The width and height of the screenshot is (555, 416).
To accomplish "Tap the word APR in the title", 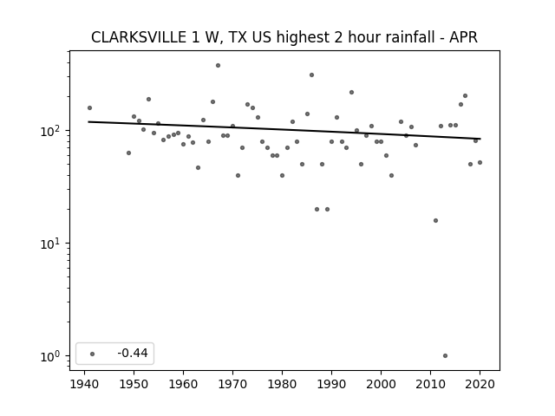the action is click(x=463, y=37).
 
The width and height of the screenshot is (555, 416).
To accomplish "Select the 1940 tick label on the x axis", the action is click(x=84, y=384).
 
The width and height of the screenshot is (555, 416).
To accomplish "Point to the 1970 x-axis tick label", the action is click(x=232, y=384).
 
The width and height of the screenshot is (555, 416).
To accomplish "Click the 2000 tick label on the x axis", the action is click(x=381, y=384).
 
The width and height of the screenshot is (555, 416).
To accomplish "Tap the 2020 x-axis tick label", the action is click(x=480, y=384).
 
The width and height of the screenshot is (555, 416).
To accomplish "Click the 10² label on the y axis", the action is click(x=52, y=131).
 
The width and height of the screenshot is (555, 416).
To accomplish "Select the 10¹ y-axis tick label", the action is click(x=52, y=244).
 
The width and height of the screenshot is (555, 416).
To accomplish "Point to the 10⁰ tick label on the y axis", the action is click(x=52, y=356).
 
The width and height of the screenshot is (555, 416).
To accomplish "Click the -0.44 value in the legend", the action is click(x=133, y=353).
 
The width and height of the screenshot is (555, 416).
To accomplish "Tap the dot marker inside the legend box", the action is click(x=93, y=354).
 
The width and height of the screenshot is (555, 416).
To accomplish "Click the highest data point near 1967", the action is click(x=218, y=66).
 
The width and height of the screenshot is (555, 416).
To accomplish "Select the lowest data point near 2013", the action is click(x=445, y=356).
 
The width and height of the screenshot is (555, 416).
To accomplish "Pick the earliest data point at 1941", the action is click(x=89, y=107).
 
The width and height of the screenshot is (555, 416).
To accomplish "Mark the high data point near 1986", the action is click(x=312, y=75).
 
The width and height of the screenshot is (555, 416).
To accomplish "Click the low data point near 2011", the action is click(x=435, y=221).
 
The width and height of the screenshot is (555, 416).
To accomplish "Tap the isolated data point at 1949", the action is click(x=129, y=153).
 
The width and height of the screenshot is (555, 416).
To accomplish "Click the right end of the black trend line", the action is click(x=480, y=139).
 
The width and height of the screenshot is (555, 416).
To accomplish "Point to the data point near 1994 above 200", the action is click(x=351, y=93).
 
